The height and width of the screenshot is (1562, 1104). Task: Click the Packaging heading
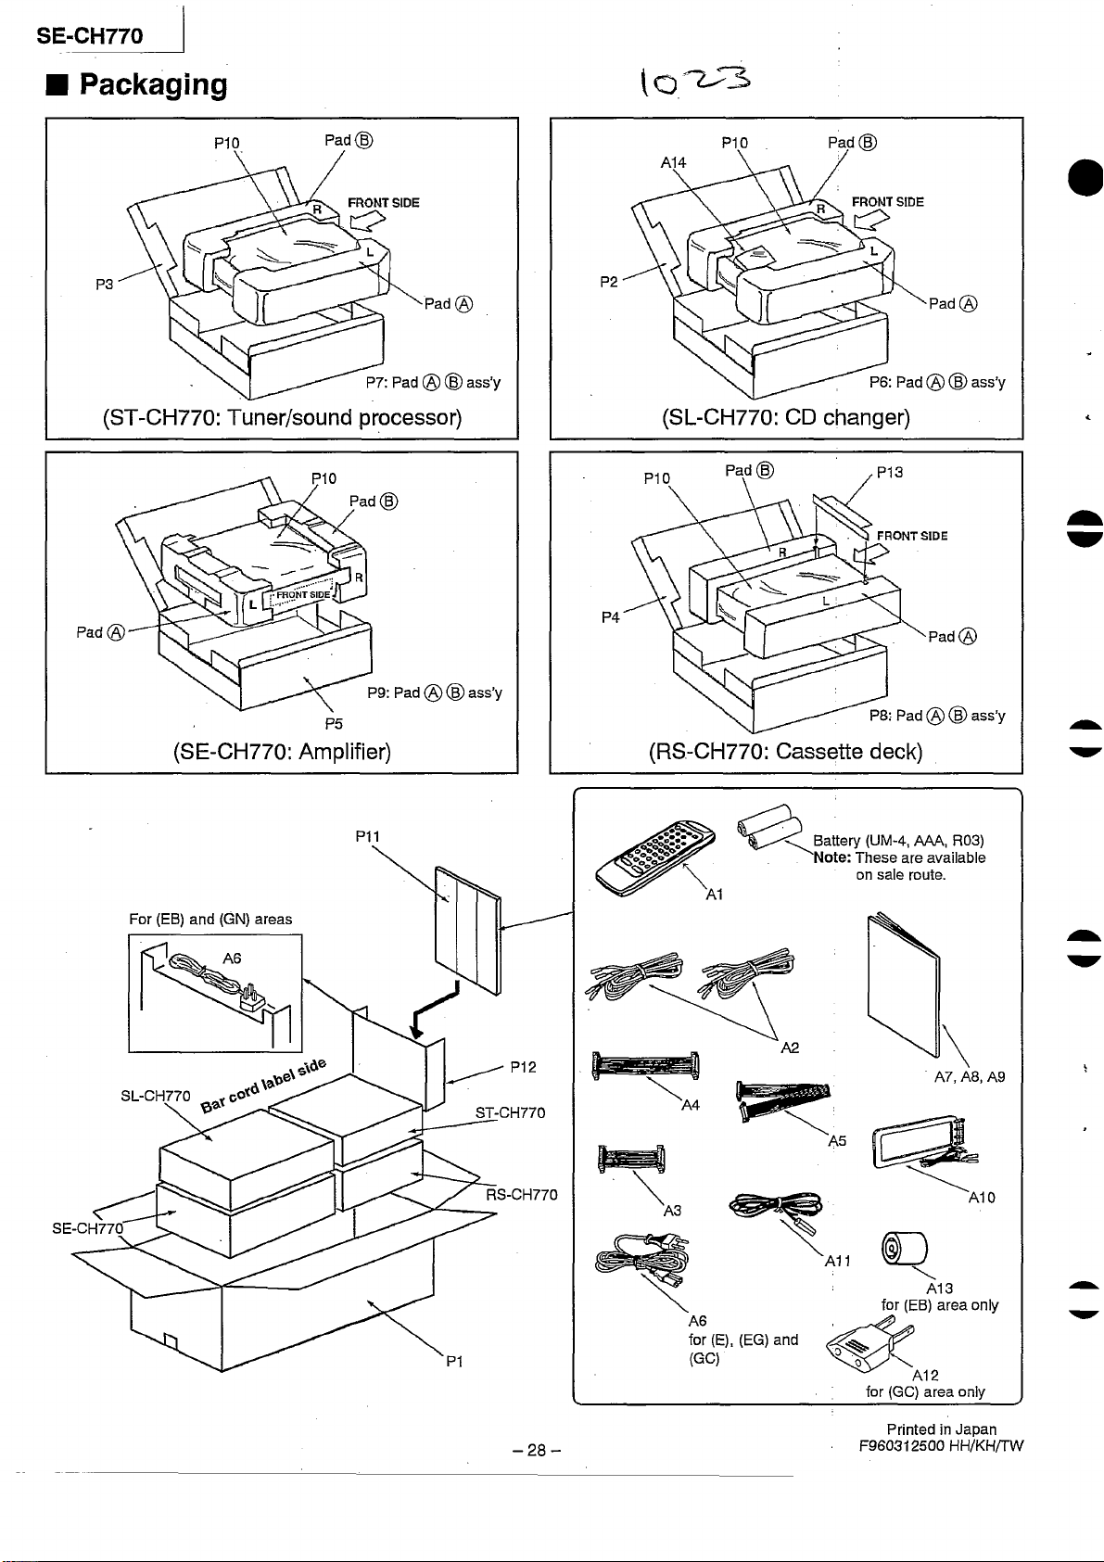(153, 84)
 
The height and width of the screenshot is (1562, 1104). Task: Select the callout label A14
(673, 162)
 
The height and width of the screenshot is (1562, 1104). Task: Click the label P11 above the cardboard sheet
(368, 836)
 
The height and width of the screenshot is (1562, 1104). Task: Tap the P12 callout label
(523, 1067)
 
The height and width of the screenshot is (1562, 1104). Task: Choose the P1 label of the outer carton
(453, 1362)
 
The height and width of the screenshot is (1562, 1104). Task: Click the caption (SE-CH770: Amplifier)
(282, 750)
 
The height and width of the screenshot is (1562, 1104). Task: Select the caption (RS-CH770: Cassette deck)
(785, 750)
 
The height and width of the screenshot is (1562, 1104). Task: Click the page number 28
(536, 1450)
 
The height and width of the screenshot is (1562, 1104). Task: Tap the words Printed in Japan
(941, 1429)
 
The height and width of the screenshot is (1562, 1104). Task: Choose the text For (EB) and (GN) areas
(210, 919)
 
